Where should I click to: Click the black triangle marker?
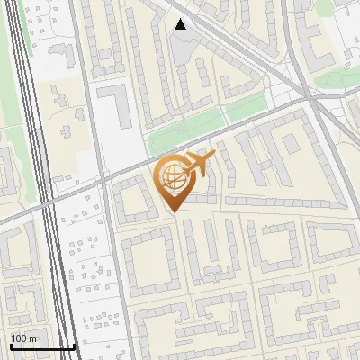(181, 24)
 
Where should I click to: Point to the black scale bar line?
(41, 347)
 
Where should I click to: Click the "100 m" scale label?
(23, 338)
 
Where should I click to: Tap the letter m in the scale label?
(32, 338)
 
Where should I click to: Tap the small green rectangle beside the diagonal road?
(245, 110)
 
